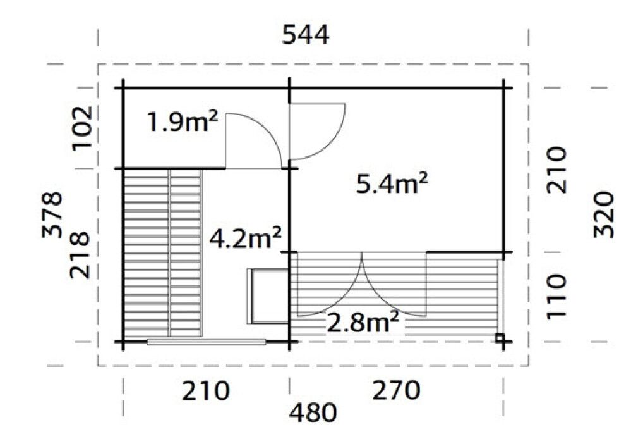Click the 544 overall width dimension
(x=305, y=35)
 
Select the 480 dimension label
(x=313, y=414)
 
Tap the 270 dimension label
(x=396, y=391)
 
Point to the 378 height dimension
(x=53, y=214)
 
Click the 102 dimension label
(x=83, y=128)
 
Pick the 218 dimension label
(x=83, y=254)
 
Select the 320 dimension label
(x=604, y=214)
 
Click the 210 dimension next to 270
(x=205, y=391)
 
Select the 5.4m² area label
(x=392, y=184)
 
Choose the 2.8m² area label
(x=363, y=323)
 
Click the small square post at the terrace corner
(x=500, y=338)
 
